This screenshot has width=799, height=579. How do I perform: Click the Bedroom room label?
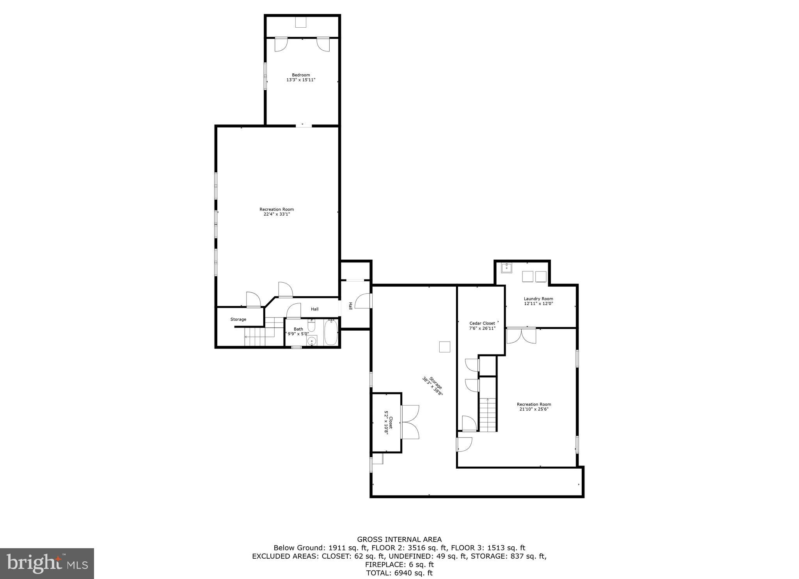tap(301, 75)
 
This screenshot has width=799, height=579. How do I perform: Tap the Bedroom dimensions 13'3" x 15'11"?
tap(301, 80)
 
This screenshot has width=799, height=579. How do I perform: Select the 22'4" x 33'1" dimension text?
tap(277, 214)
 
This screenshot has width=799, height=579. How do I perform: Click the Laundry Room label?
tap(538, 299)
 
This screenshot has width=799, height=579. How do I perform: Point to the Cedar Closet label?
tap(482, 323)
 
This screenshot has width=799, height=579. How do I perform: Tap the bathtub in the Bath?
tap(331, 333)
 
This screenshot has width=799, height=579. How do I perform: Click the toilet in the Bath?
tap(311, 325)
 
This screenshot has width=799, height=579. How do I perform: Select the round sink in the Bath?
tap(311, 342)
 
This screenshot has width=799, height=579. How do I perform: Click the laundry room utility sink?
tap(506, 268)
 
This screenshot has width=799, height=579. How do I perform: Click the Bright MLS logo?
tap(47, 563)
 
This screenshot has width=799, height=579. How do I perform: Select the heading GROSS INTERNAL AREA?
tap(399, 540)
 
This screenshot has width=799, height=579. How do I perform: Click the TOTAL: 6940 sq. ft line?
tap(399, 573)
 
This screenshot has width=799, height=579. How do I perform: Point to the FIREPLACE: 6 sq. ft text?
tap(399, 564)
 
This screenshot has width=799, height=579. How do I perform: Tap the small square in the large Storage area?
tap(444, 347)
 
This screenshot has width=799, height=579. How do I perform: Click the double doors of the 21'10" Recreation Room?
tap(521, 336)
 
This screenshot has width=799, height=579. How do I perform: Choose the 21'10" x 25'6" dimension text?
tap(534, 409)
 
